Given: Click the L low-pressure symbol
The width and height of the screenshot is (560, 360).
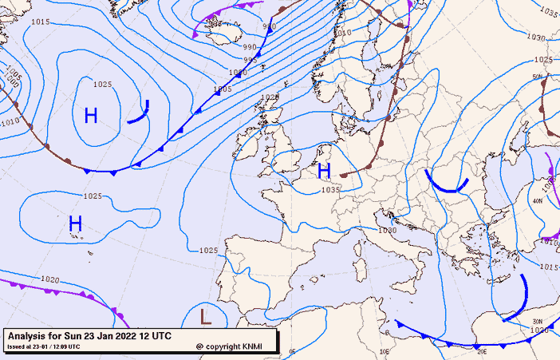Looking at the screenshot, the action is click(206, 317).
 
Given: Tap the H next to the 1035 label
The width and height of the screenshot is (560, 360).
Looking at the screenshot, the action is click(324, 171).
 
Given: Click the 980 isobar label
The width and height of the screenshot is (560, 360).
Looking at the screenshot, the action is click(269, 27).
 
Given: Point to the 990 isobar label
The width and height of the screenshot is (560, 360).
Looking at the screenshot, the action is click(250, 47).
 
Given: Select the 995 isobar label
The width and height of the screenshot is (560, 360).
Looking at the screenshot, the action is click(250, 60).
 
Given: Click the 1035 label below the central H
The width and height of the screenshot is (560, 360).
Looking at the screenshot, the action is click(330, 190).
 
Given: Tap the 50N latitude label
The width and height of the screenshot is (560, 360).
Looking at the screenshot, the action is click(537, 77).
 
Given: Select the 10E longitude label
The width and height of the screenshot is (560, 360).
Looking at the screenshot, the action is click(385, 350).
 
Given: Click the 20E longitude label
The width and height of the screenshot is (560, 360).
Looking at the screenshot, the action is click(482, 350).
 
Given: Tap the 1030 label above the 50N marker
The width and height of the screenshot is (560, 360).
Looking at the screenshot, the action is click(535, 38).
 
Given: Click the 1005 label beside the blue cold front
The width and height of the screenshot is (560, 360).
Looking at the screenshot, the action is click(223, 89).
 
